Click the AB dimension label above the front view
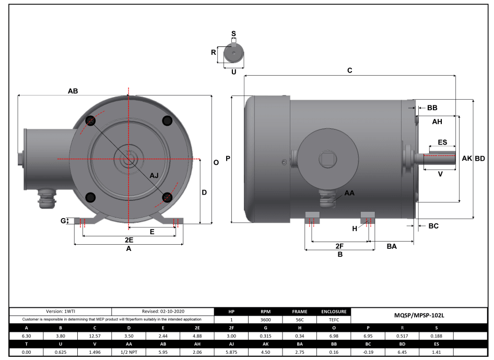point(73,91)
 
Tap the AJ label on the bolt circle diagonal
point(155,175)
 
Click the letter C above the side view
point(350,70)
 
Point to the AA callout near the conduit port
point(349,193)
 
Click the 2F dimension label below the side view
point(339,246)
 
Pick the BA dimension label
point(392,246)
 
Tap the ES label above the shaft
point(442,142)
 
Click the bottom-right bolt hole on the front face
point(167,197)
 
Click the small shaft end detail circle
point(233,54)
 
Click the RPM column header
point(265,311)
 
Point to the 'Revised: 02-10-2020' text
point(163,311)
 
